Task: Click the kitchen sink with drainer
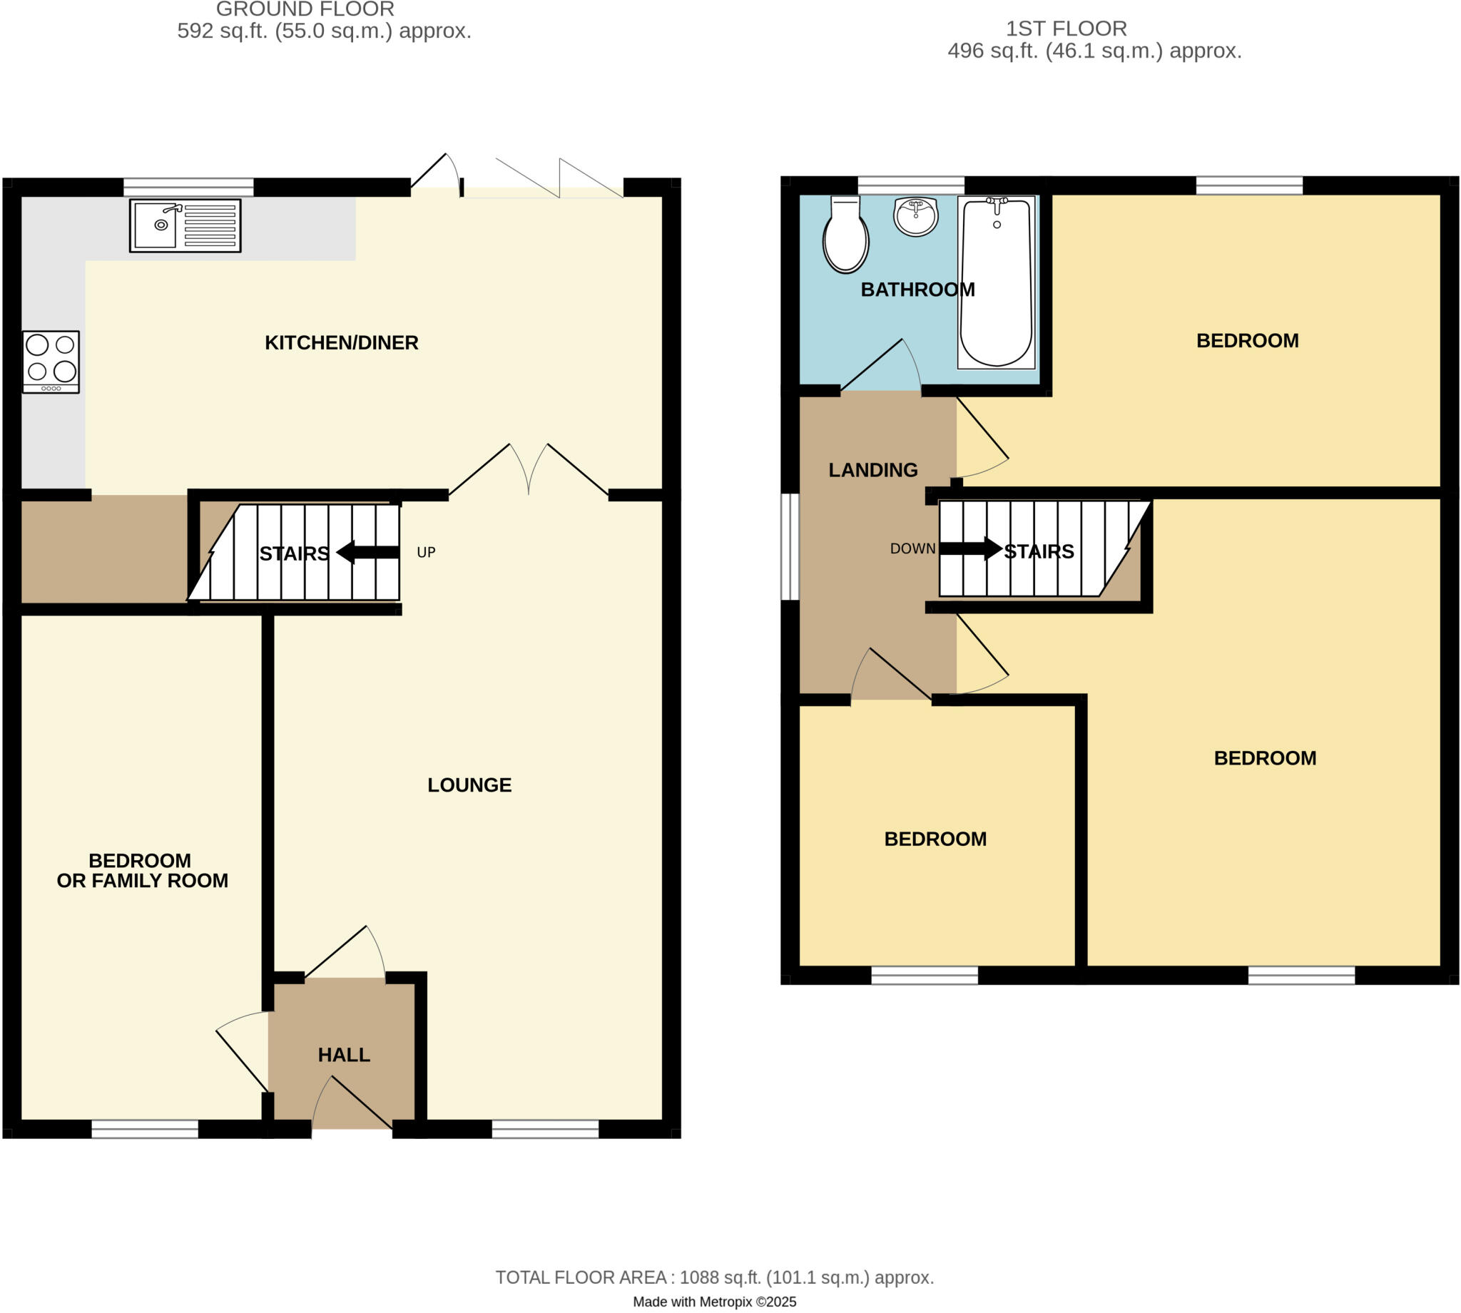(185, 226)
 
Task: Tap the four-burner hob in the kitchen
(51, 361)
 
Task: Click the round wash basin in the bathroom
(915, 215)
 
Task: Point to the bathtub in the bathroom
(996, 283)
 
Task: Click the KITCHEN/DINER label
(341, 342)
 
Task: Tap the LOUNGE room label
(469, 785)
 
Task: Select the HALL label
(344, 1055)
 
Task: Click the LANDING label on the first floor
(873, 471)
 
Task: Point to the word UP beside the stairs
(426, 553)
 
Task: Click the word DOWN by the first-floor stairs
(912, 548)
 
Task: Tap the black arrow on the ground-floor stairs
(367, 553)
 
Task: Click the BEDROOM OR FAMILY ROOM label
(142, 871)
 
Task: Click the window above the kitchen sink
(188, 188)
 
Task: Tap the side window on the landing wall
(790, 546)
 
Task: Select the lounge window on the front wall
(545, 1129)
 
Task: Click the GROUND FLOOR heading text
(305, 9)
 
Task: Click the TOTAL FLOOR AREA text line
(714, 1277)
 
